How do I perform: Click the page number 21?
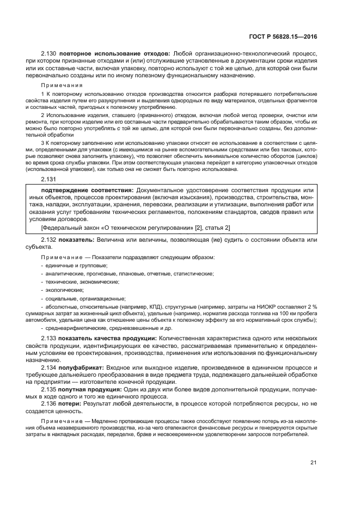[x=313, y=462]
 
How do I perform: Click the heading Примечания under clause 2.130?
[x=59, y=85]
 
